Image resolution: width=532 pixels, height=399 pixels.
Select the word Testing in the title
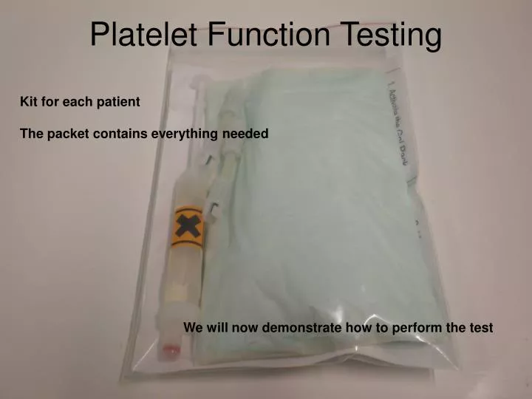click(392, 35)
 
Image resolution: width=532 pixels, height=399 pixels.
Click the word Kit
click(28, 102)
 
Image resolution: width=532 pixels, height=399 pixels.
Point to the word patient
click(117, 102)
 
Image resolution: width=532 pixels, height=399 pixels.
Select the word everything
click(184, 134)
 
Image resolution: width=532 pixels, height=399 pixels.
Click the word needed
click(246, 134)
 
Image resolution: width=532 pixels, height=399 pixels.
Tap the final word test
click(481, 327)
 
